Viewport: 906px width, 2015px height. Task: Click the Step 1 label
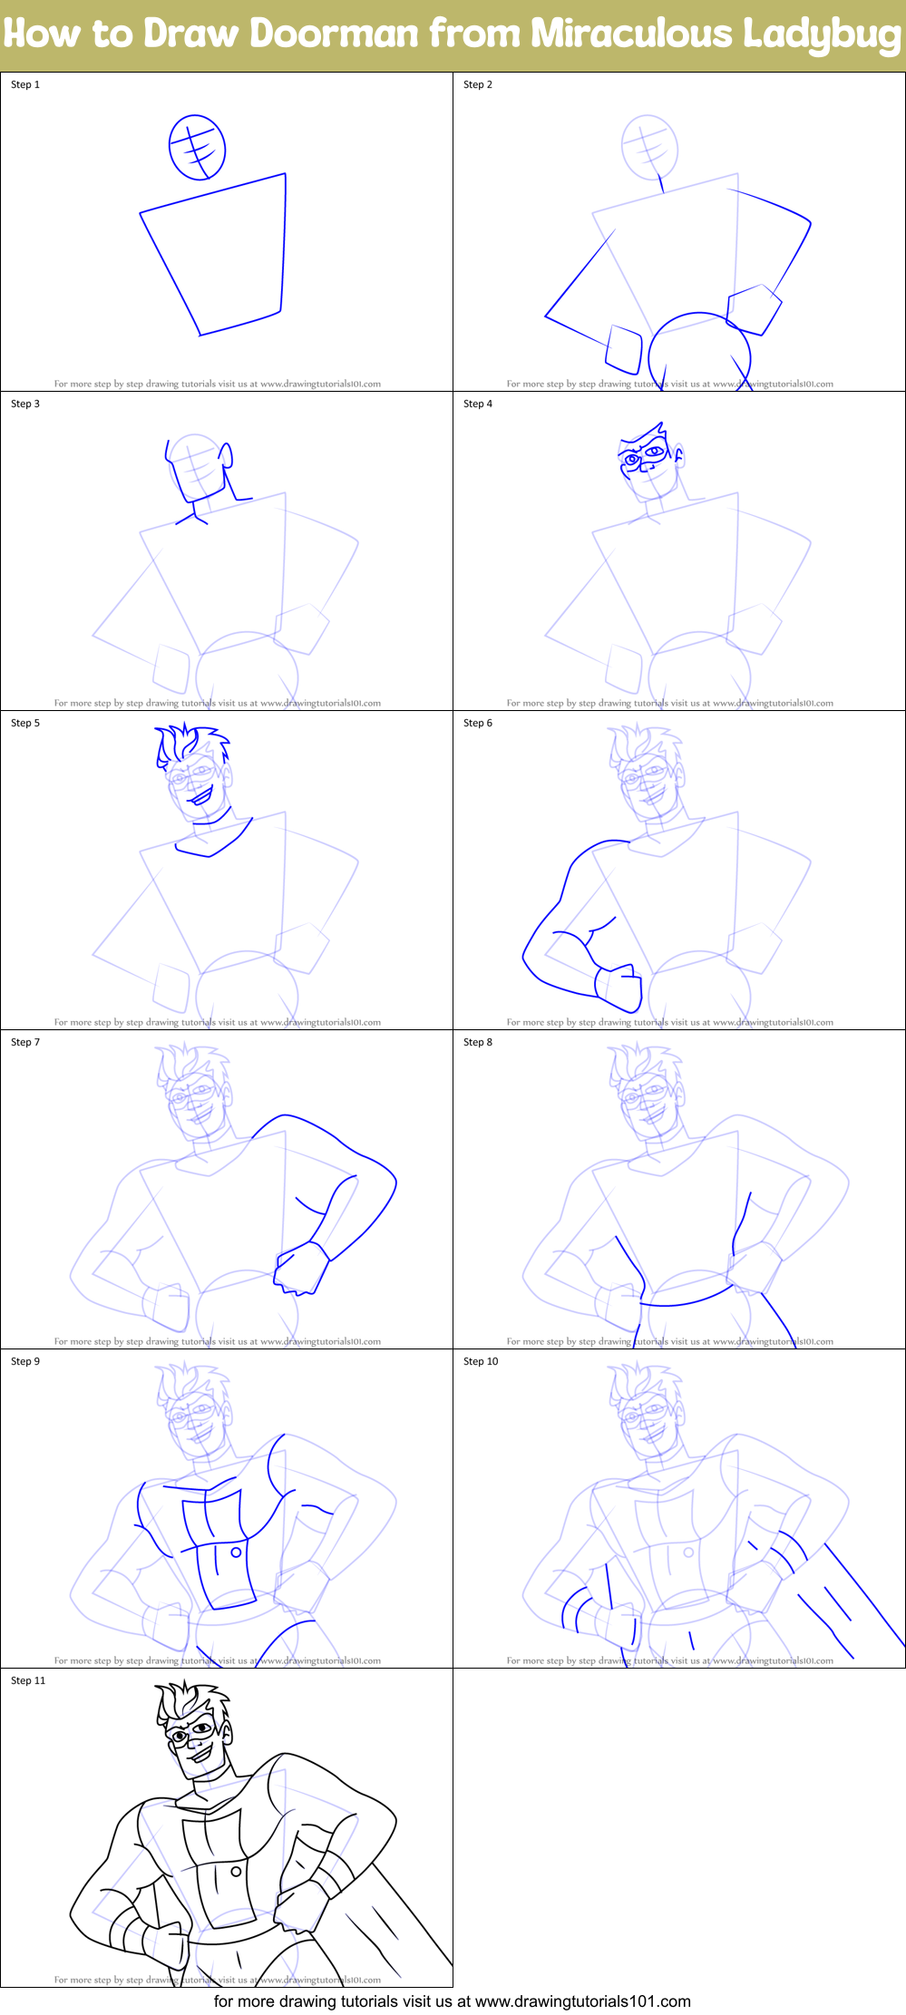[x=25, y=84]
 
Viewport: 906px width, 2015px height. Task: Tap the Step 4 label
[x=478, y=404]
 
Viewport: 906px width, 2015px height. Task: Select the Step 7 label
[x=25, y=1042]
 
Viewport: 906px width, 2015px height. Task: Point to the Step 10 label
[x=481, y=1361]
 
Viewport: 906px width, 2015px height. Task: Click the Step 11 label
[x=28, y=1680]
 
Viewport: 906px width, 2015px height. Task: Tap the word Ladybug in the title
[x=822, y=34]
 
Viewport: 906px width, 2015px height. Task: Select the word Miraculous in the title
[x=631, y=34]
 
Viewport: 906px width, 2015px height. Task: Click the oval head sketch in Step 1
[x=197, y=147]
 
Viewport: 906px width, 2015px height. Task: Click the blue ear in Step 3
[x=227, y=455]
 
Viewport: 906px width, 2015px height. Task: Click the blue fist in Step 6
[x=619, y=987]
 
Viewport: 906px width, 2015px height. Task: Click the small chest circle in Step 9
[x=236, y=1552]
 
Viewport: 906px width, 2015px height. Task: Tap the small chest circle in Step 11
[x=236, y=1871]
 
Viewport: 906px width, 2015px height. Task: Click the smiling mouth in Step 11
[x=200, y=1756]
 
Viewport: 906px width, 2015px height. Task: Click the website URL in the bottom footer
[x=582, y=2000]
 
